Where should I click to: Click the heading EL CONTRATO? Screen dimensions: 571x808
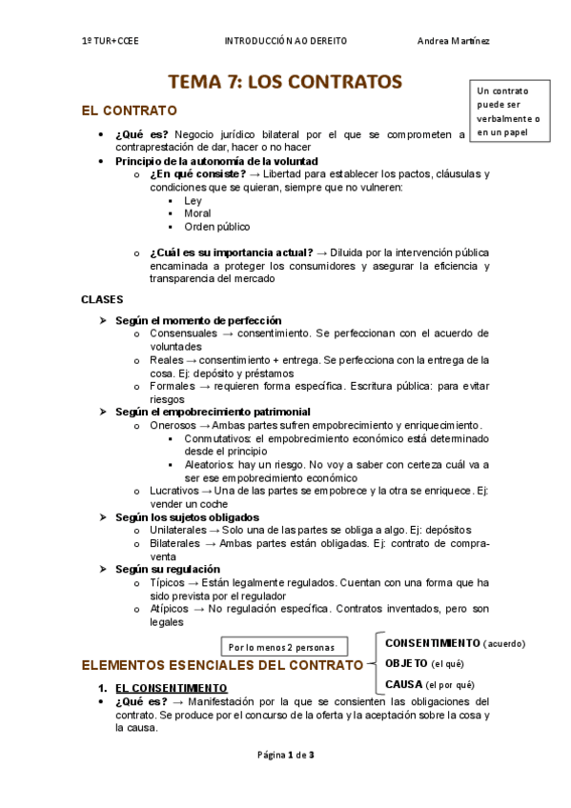coord(130,111)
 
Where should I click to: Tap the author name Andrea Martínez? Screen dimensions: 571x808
coord(454,41)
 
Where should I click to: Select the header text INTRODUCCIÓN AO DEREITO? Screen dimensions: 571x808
coord(285,41)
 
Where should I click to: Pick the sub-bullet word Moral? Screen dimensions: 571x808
coord(197,214)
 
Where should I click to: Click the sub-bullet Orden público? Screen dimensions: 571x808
coord(217,228)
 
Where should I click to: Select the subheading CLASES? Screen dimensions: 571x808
coord(102,299)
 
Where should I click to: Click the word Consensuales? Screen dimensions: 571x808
coord(183,333)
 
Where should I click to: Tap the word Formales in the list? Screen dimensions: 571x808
coord(174,386)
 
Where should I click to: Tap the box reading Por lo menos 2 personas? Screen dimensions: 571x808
coord(283,646)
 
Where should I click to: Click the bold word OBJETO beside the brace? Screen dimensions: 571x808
coord(406,663)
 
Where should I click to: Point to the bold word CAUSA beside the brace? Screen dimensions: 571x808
coord(403,684)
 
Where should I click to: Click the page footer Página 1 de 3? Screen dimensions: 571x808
coord(285,756)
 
